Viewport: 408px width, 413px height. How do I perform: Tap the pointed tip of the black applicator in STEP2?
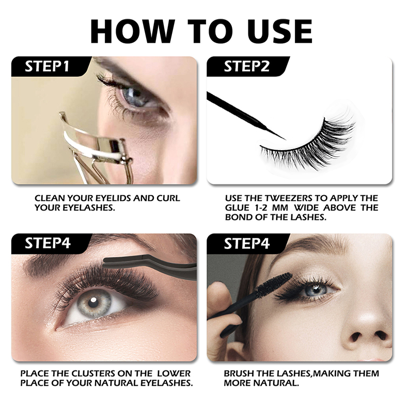tap(284, 138)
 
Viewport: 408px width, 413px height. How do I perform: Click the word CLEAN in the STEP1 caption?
tap(51, 198)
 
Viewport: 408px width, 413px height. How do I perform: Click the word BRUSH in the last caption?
tap(240, 373)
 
